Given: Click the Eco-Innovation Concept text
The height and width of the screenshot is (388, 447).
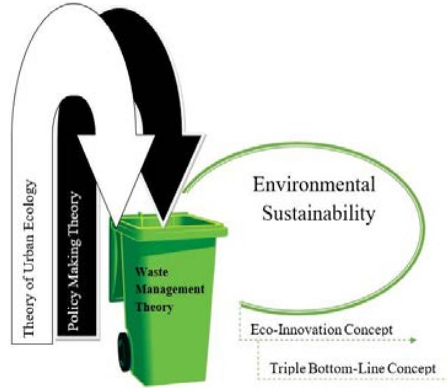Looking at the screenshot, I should point(322,330).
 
